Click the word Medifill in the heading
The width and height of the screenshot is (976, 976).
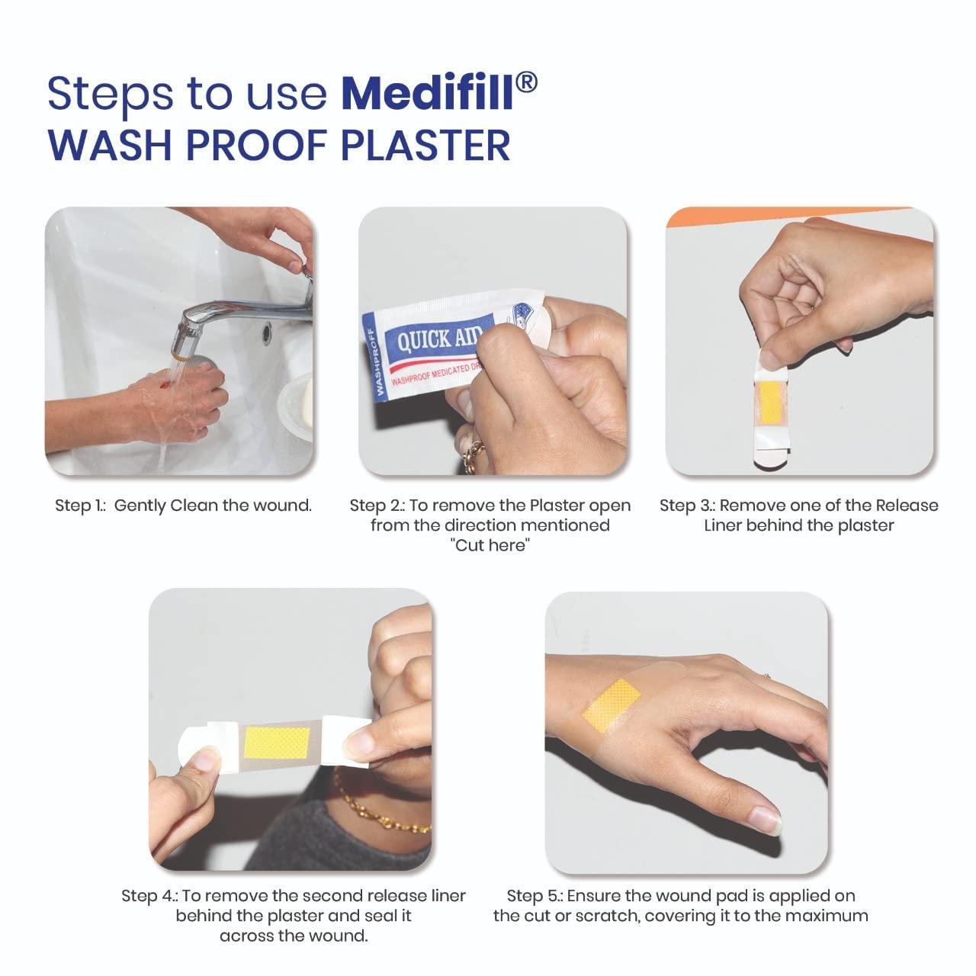coord(426,93)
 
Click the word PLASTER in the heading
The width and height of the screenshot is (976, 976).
coord(425,146)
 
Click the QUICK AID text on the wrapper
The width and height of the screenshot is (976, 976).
coord(437,337)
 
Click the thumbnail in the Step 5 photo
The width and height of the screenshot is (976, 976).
coord(766,820)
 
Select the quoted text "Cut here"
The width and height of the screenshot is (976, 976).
coord(490,545)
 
